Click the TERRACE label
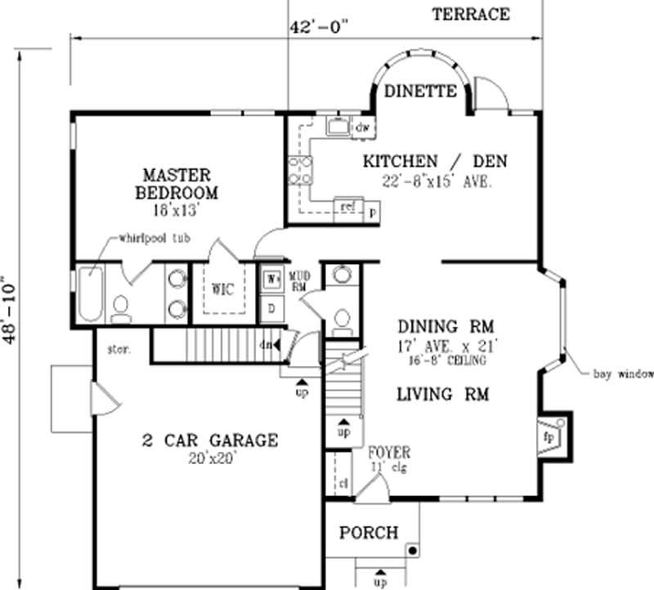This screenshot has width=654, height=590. pyautogui.click(x=471, y=14)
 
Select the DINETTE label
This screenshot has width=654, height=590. pyautogui.click(x=420, y=91)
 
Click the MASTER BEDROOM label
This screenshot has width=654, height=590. pyautogui.click(x=177, y=184)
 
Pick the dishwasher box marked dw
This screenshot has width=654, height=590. pyautogui.click(x=363, y=127)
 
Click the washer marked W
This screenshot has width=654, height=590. pyautogui.click(x=271, y=278)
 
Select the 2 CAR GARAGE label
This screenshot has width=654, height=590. pyautogui.click(x=209, y=441)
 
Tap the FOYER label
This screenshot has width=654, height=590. pyautogui.click(x=388, y=452)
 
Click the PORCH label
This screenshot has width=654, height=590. pyautogui.click(x=369, y=533)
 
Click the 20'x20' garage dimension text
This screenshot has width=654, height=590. pyautogui.click(x=210, y=459)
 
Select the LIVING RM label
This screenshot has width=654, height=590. pyautogui.click(x=442, y=395)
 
